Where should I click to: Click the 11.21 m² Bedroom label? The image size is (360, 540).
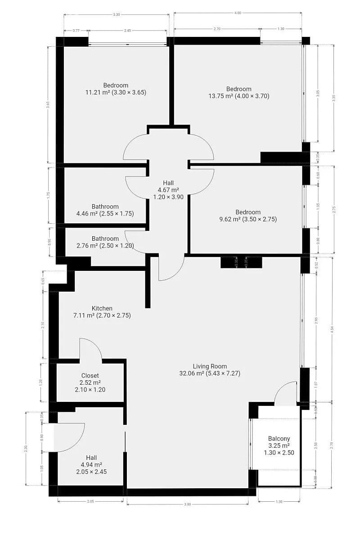pos(116,89)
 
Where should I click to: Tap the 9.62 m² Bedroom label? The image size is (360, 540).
pos(247,216)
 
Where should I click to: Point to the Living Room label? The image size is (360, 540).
pos(210,369)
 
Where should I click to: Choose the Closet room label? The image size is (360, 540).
pos(90,382)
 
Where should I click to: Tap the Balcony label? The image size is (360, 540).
pos(279,445)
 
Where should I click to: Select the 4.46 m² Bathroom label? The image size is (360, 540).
pos(105,210)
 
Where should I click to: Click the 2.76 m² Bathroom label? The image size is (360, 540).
pos(105,242)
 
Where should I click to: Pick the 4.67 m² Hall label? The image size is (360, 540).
pos(168,189)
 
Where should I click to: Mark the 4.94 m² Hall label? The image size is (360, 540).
pos(91,464)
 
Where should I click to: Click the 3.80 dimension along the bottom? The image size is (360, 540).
pos(188,504)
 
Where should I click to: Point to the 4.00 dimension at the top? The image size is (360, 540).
pos(238,13)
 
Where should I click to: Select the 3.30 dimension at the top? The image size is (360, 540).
pos(116,15)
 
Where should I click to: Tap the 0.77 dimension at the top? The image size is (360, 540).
pos(76,31)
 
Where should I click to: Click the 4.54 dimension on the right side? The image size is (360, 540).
pos(332,328)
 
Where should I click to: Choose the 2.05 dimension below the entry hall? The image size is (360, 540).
pos(90,500)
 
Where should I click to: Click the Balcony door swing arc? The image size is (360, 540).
pos(284,392)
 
